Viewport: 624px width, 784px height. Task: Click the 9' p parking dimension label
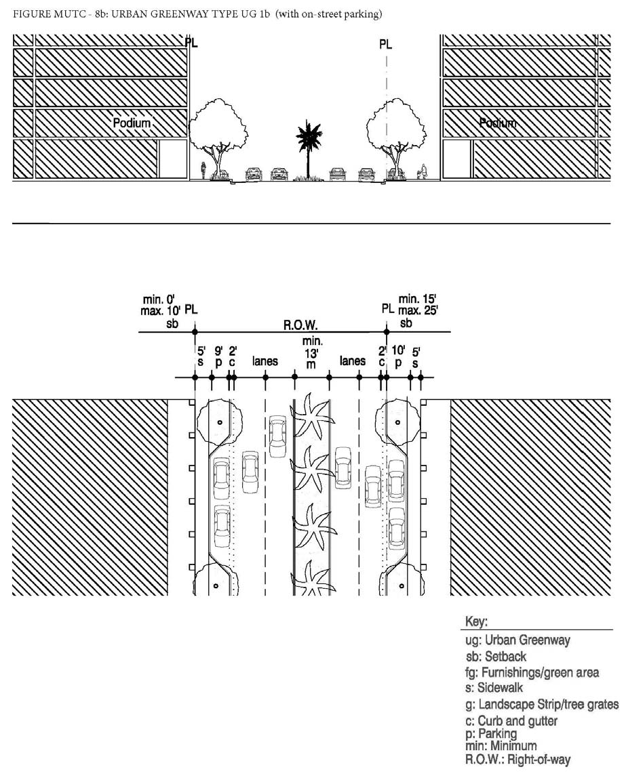218,356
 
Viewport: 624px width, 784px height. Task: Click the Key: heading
477,622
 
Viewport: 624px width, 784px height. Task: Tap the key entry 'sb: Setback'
496,657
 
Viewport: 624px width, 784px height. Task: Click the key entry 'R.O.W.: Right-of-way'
518,760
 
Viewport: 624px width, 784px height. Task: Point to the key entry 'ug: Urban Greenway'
518,640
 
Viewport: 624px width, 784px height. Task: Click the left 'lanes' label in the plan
265,362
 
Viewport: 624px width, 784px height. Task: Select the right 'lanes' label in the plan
353,362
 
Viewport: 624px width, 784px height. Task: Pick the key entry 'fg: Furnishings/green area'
532,673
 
